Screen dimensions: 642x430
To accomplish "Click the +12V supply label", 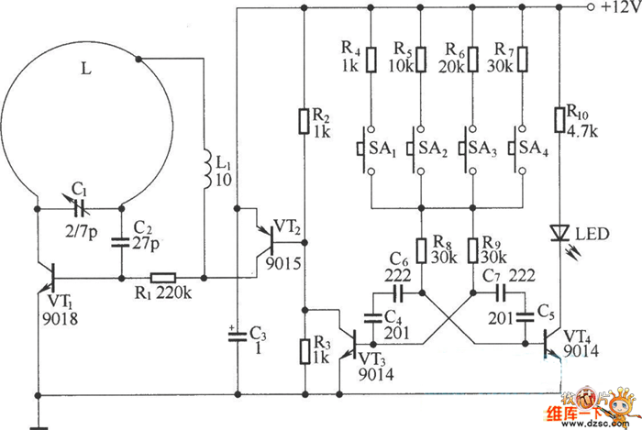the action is click(x=620, y=7).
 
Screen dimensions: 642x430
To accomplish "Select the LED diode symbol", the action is click(x=559, y=233).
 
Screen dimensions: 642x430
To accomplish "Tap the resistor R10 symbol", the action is click(x=559, y=120).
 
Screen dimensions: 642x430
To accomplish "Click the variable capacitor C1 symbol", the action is click(x=79, y=208).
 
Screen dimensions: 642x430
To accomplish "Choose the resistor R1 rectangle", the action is click(x=163, y=278).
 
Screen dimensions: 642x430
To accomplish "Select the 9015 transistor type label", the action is click(x=282, y=263).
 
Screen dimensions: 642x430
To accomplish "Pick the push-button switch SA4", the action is click(x=516, y=149).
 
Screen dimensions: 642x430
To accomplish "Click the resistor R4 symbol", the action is click(x=371, y=60).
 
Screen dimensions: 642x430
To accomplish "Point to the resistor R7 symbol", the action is click(x=522, y=60).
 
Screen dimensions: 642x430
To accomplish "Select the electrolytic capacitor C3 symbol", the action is click(x=237, y=336).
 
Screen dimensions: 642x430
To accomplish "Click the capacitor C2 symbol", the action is click(x=121, y=242).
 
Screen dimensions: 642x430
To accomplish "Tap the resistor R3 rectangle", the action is click(x=305, y=351).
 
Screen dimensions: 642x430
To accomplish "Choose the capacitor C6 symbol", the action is click(x=397, y=293).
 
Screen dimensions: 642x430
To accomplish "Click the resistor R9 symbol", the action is click(x=473, y=250).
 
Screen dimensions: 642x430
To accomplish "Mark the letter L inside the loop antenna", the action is click(x=86, y=69).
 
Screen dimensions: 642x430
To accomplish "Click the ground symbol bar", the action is click(x=39, y=428).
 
